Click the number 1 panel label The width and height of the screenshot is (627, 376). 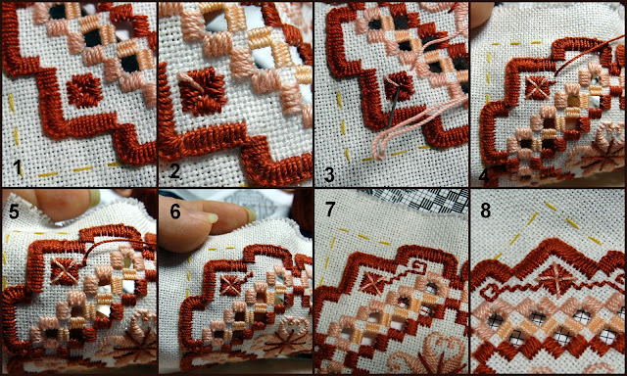[x=17, y=167]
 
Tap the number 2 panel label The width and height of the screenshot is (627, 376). [x=174, y=171]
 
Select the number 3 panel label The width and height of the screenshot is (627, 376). [x=329, y=175]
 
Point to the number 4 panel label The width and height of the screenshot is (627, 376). [x=483, y=177]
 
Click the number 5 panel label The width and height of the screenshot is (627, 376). [x=14, y=211]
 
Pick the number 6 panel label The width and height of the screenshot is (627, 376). [x=175, y=211]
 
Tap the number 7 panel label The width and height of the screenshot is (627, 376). [x=330, y=210]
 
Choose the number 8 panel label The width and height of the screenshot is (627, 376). [x=485, y=211]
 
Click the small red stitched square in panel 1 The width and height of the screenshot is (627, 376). [x=84, y=90]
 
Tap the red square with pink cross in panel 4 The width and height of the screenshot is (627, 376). [x=537, y=88]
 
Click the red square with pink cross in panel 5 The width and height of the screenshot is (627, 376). [x=65, y=271]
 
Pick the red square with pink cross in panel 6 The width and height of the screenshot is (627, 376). [x=231, y=285]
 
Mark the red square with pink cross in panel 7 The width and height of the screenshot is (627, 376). [x=373, y=283]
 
